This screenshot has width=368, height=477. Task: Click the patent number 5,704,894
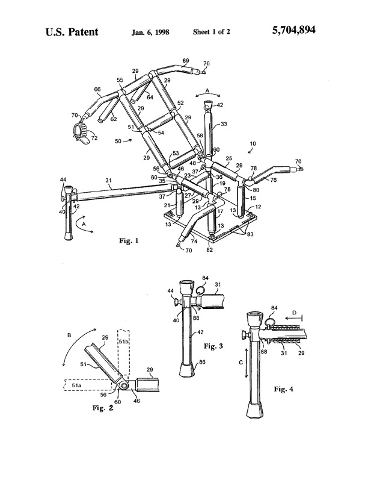[293, 30]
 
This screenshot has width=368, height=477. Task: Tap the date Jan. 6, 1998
[150, 33]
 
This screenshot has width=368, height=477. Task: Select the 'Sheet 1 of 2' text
[211, 32]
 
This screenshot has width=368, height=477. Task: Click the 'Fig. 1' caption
[129, 241]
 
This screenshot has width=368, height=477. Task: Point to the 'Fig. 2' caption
[103, 408]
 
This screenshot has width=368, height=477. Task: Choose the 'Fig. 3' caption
[213, 346]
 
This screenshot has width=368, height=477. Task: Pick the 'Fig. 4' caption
[284, 389]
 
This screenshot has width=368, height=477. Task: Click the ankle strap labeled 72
[81, 132]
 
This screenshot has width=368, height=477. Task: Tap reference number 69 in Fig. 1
[186, 61]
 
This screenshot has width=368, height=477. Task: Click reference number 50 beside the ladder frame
[118, 141]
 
